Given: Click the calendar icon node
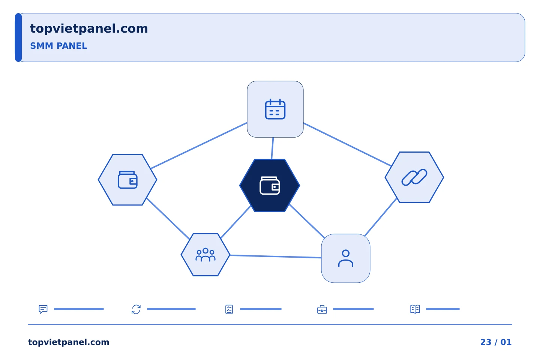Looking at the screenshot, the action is point(275,109).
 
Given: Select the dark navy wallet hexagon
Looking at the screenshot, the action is point(270,185).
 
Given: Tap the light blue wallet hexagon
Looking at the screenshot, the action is point(127,180).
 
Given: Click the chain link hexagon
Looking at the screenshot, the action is point(414,177).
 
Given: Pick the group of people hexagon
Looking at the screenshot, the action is point(205,255).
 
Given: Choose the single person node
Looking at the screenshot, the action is point(346,258).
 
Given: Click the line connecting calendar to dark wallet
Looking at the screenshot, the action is point(272,148).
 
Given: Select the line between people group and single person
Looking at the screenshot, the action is point(276,256).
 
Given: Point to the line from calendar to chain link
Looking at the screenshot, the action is point(347,144).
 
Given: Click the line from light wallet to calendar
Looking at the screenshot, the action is point(199,145).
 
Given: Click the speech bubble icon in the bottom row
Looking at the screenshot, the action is point(43,309).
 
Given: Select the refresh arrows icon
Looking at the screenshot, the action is point(136,309).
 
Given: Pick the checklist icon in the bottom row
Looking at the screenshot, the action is point(229,309).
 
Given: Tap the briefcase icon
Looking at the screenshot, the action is point(322,309).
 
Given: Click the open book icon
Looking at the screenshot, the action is point(415,309).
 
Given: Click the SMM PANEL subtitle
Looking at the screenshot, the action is point(58,46).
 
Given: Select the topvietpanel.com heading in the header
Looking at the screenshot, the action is point(89,29).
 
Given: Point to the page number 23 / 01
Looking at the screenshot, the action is point(496,342).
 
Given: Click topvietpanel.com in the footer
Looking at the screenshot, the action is point(69,342).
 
